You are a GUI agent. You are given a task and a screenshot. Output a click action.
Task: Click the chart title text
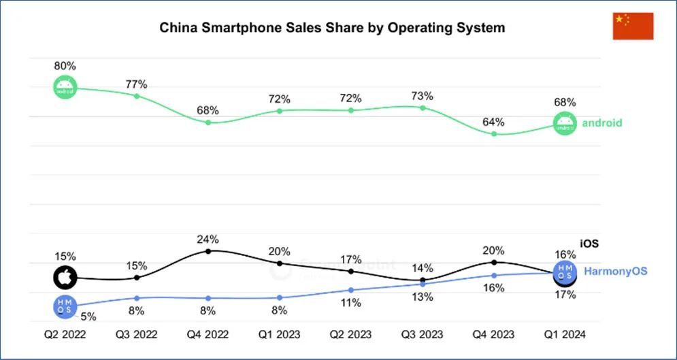[332, 29]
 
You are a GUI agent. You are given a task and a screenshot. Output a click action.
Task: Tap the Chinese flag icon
[633, 26]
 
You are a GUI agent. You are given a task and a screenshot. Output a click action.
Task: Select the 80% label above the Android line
[65, 66]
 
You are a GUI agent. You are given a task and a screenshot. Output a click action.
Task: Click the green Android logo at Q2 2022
[65, 88]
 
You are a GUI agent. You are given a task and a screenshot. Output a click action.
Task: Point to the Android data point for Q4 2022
[208, 122]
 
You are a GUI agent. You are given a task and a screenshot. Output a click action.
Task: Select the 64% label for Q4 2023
[494, 122]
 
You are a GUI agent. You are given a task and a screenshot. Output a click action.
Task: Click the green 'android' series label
[602, 123]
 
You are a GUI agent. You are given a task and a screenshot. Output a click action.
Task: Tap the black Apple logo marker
[65, 278]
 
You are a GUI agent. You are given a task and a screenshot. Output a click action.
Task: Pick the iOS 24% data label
[208, 239]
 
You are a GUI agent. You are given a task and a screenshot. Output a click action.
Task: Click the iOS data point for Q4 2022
[208, 251]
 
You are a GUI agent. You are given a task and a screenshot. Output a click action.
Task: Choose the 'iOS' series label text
[589, 243]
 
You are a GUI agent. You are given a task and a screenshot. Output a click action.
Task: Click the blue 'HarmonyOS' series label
[615, 271]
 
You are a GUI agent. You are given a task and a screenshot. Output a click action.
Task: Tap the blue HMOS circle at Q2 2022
[65, 306]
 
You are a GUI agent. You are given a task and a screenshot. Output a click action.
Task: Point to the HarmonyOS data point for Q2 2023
[351, 290]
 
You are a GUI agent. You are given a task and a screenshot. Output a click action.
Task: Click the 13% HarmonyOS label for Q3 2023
[423, 297]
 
